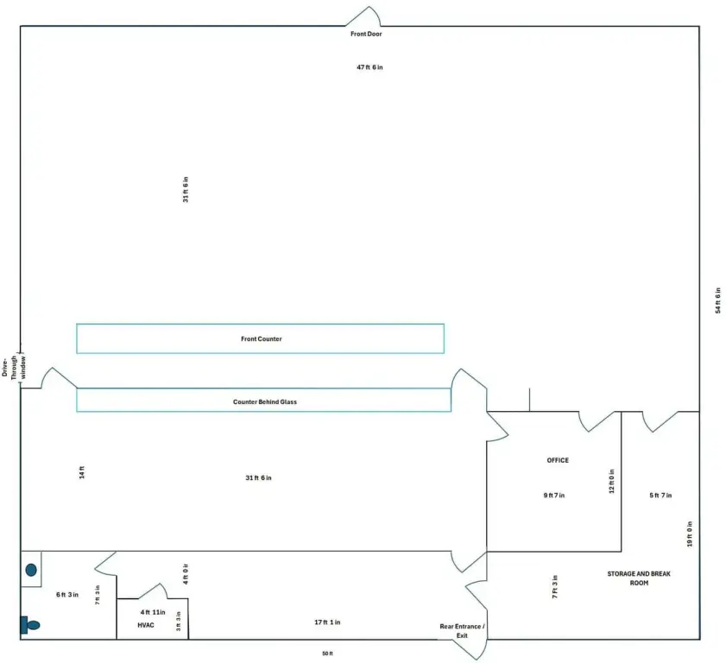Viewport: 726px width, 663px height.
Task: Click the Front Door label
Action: pos(366,34)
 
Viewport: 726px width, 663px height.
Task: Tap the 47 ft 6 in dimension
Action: pos(369,67)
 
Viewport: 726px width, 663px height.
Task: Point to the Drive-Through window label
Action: pos(14,367)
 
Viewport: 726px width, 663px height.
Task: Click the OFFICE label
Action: pos(558,460)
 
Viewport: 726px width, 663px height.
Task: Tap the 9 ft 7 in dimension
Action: pos(553,496)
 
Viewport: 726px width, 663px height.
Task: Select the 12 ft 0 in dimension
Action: pos(611,481)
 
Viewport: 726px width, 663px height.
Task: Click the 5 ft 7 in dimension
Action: pos(660,496)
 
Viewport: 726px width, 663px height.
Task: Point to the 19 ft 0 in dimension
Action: pos(690,534)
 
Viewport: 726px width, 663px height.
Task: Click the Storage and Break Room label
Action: pos(639,578)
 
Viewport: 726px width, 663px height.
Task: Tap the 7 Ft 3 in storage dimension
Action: pos(555,587)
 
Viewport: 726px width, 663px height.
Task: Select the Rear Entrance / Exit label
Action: pos(462,631)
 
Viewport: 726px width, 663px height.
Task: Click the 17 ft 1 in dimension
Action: pos(327,622)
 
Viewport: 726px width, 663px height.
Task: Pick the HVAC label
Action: pos(146,625)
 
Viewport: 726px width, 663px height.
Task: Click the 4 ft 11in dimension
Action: pos(153,612)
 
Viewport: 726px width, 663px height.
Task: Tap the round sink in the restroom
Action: pos(31,570)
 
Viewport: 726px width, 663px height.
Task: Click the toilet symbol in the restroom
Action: pos(30,625)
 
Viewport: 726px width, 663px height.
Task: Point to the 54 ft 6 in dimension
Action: pos(717,300)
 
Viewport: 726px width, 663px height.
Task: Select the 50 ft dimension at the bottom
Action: pos(327,654)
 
